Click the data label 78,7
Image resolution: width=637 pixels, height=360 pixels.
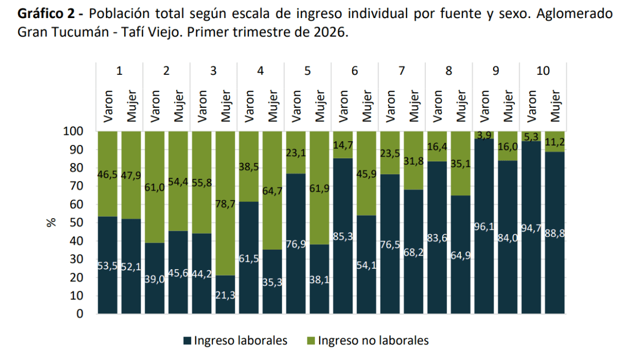(x=225, y=204)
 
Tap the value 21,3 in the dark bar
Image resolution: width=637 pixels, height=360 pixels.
(x=225, y=295)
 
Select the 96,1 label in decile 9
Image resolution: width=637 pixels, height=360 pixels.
(x=484, y=227)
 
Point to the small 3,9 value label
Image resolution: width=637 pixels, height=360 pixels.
(x=484, y=135)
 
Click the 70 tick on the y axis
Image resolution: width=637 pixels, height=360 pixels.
(x=76, y=186)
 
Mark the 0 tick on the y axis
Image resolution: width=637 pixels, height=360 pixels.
(x=80, y=314)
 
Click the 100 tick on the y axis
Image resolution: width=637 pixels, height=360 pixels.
(x=73, y=131)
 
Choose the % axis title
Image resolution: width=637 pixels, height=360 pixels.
(x=51, y=222)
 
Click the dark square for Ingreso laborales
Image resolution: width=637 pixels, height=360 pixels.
(x=187, y=341)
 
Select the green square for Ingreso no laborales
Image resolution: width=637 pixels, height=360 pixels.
(x=311, y=341)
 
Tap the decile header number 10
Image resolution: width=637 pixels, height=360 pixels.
(x=543, y=71)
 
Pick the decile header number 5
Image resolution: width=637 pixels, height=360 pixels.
(x=307, y=71)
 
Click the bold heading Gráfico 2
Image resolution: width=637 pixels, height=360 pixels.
(x=46, y=14)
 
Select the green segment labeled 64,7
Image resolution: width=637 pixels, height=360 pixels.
(x=272, y=191)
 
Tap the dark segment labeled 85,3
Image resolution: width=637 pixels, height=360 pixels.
(x=343, y=236)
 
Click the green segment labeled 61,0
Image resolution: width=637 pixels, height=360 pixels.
(x=154, y=187)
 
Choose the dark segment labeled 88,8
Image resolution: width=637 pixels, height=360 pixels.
(x=555, y=233)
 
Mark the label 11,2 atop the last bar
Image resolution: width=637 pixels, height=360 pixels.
(x=555, y=142)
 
